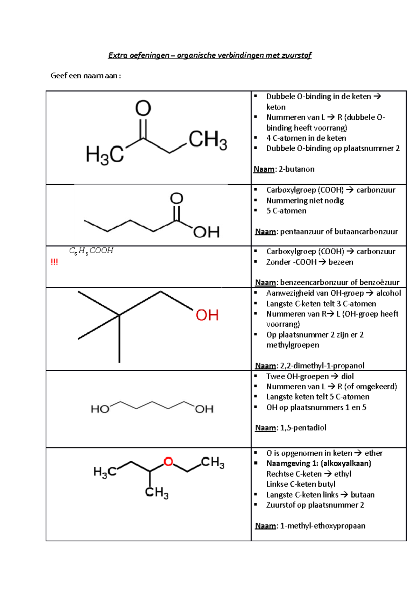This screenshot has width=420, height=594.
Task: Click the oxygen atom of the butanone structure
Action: tap(143, 108)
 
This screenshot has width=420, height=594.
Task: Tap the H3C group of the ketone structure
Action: tap(105, 155)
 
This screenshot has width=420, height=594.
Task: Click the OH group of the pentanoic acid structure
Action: tap(206, 232)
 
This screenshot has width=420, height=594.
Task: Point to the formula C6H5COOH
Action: tap(91, 251)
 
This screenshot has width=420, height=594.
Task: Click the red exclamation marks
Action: tap(54, 262)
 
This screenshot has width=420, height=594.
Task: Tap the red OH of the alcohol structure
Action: tap(207, 315)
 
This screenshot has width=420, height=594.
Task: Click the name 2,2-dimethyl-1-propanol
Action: tap(322, 366)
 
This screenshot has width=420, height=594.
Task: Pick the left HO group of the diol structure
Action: tap(100, 409)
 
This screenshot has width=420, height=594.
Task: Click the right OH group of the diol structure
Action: tap(204, 409)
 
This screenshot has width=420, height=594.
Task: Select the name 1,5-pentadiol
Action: tap(303, 428)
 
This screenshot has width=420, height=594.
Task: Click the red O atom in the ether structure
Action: tap(168, 462)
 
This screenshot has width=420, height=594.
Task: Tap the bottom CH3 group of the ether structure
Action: tap(157, 493)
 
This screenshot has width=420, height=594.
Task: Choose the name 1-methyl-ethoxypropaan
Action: tap(322, 526)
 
